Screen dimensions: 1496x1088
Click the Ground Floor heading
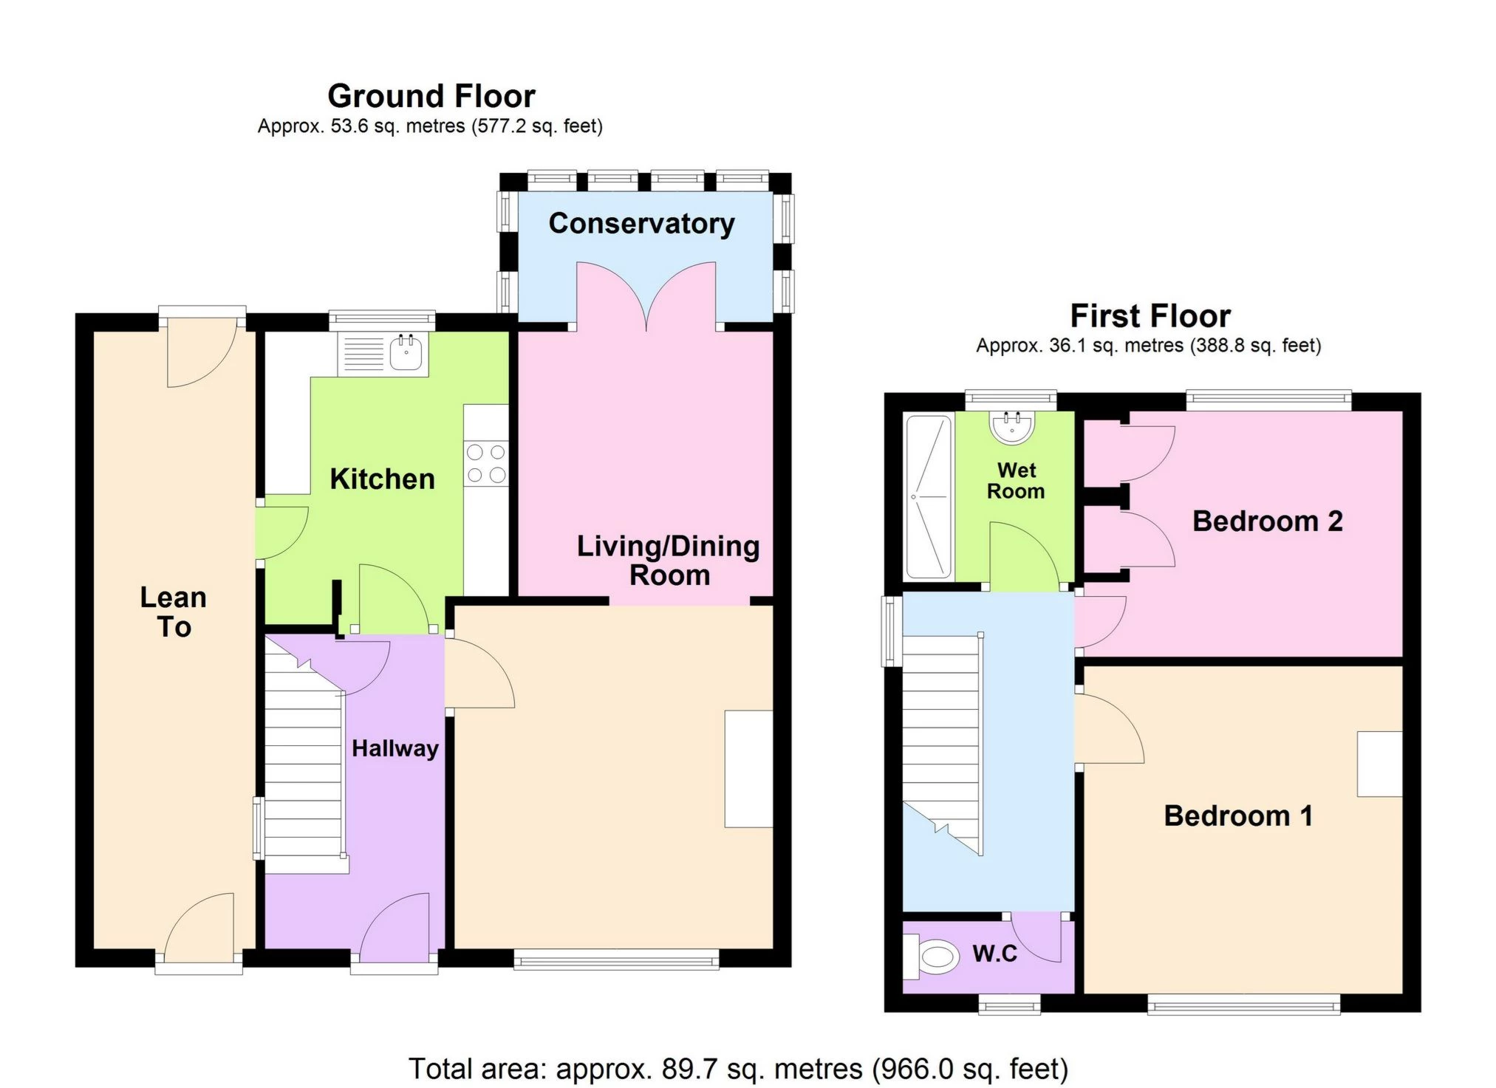pyautogui.click(x=431, y=96)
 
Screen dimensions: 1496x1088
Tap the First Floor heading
pyautogui.click(x=1150, y=316)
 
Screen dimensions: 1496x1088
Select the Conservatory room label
pyautogui.click(x=641, y=223)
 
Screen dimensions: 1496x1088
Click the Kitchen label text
pyautogui.click(x=382, y=479)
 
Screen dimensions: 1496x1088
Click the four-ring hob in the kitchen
pyautogui.click(x=486, y=464)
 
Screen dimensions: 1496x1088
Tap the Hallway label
pyautogui.click(x=395, y=748)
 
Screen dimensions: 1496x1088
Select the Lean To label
pyautogui.click(x=174, y=612)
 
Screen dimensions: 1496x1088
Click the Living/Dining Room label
pyautogui.click(x=668, y=560)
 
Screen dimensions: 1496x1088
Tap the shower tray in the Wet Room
pyautogui.click(x=929, y=496)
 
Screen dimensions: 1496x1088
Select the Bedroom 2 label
pyautogui.click(x=1267, y=521)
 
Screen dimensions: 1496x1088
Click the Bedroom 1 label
pyautogui.click(x=1238, y=815)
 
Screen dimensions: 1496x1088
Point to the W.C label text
pyautogui.click(x=994, y=954)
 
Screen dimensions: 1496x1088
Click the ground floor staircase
pyautogui.click(x=304, y=753)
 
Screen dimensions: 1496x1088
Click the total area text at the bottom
pyautogui.click(x=739, y=1069)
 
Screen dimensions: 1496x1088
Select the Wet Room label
pyautogui.click(x=1016, y=481)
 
